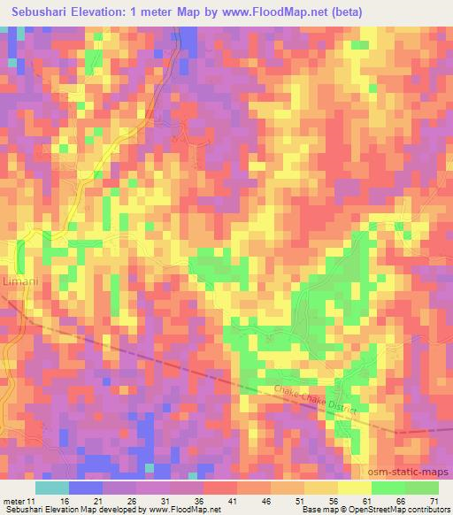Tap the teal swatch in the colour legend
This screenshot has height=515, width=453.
(52, 488)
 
